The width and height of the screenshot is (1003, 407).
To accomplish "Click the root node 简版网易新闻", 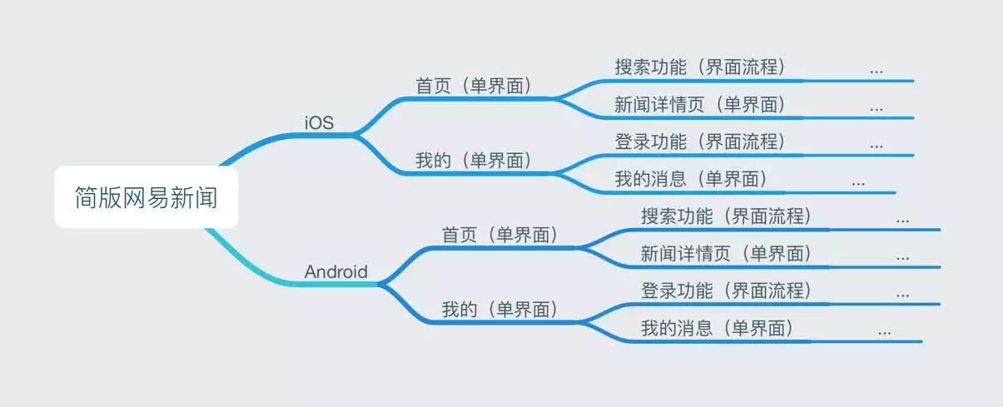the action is (x=146, y=198).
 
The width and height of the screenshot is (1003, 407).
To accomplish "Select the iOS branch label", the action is (x=319, y=123).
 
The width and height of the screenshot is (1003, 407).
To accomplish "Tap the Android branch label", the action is (x=335, y=272).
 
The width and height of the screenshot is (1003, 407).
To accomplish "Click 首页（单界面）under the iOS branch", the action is (x=473, y=86).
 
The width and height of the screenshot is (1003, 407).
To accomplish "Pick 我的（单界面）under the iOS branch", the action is (x=473, y=161).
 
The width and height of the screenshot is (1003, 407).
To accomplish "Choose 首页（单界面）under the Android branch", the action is (x=499, y=236).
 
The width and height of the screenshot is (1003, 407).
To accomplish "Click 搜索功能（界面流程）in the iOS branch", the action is (x=700, y=67).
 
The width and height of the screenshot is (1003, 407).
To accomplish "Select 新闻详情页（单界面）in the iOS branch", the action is (x=700, y=105).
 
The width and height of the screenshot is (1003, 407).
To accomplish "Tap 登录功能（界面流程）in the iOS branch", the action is (x=700, y=141).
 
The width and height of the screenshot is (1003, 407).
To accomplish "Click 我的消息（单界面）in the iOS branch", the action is (x=691, y=179).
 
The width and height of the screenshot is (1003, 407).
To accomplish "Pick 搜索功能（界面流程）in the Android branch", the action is (x=726, y=216).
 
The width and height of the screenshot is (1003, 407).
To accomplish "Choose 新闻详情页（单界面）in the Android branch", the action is (x=726, y=254).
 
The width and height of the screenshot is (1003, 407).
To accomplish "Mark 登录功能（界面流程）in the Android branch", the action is (x=726, y=291).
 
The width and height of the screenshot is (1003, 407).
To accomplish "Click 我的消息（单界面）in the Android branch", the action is (x=717, y=329).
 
